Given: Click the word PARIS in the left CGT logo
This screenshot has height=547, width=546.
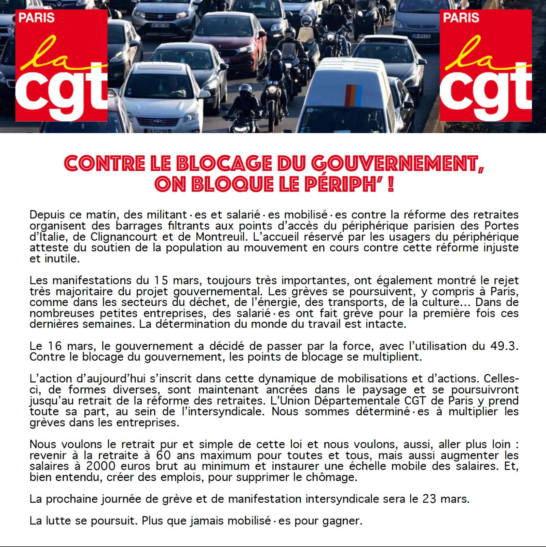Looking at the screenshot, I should click(x=37, y=17).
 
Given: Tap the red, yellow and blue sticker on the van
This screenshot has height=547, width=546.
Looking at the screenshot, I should click(x=353, y=95).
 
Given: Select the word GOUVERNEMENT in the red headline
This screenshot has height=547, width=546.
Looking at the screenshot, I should click(x=395, y=163).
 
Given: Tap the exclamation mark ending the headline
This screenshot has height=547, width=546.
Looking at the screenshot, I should click(x=391, y=185).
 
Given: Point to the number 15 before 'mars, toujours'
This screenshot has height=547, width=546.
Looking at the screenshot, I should click(x=161, y=280).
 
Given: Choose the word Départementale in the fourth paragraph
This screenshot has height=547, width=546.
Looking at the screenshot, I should click(x=355, y=401).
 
